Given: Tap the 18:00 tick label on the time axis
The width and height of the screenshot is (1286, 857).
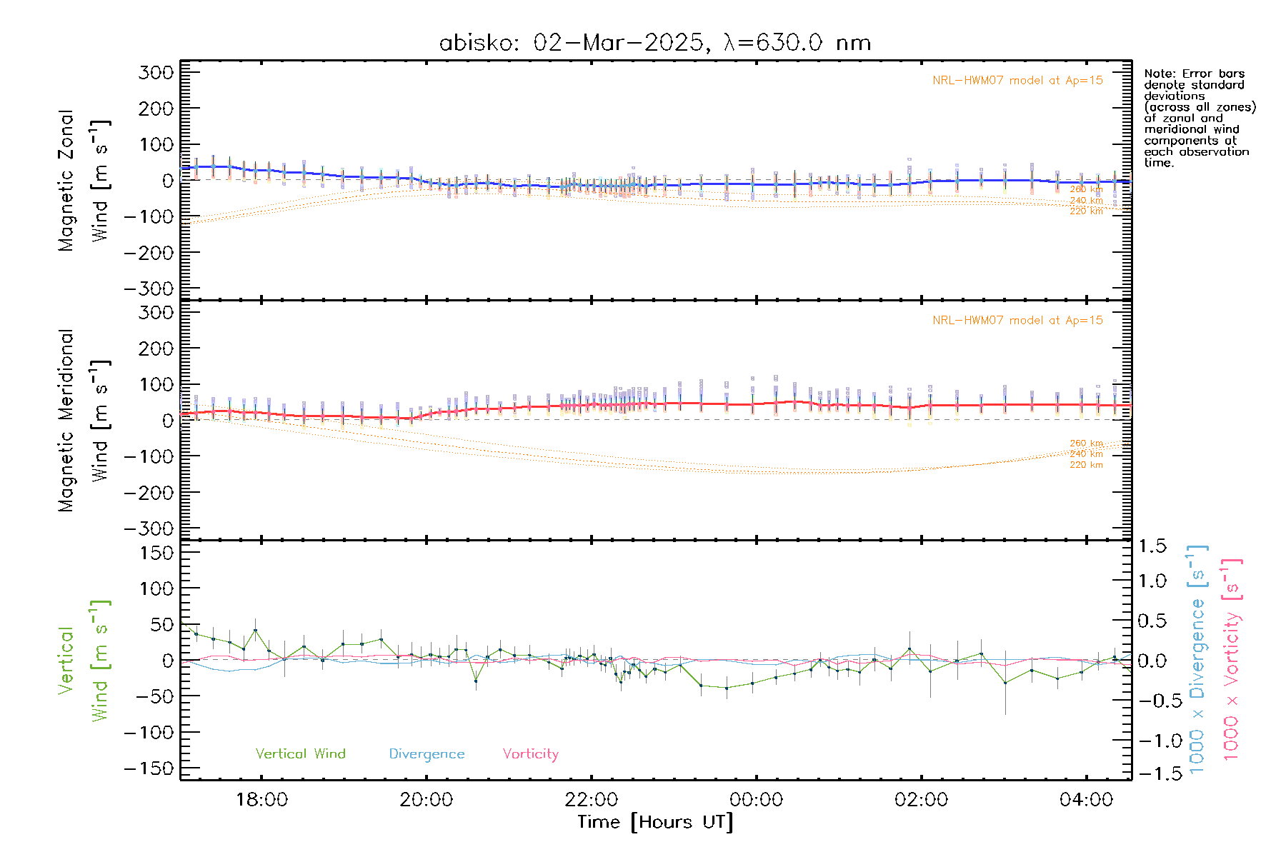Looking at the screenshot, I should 261,800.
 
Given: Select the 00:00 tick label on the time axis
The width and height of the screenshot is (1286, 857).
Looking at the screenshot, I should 756,800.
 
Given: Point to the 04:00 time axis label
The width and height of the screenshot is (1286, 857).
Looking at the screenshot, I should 1086,800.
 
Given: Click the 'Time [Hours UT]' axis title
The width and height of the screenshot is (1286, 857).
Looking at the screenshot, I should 655,822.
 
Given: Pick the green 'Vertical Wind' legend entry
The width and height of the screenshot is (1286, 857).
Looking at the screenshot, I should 300,753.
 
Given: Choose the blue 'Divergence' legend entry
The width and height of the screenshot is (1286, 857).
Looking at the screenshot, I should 427,753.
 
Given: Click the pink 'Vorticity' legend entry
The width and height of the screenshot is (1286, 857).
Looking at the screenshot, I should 530,753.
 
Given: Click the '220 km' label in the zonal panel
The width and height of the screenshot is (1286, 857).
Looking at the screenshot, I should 1086,211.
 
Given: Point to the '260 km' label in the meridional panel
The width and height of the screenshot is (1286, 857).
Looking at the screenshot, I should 1086,443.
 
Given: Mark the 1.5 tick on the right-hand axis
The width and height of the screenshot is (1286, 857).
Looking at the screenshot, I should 1152,546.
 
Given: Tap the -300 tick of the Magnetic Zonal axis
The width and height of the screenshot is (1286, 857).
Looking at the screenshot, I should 149,289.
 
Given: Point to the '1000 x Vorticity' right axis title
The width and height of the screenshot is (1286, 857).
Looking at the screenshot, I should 1232,661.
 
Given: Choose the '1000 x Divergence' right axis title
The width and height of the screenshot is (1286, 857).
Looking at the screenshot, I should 1197,661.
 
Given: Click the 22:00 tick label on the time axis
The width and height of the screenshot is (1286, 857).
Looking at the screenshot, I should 591,800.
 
